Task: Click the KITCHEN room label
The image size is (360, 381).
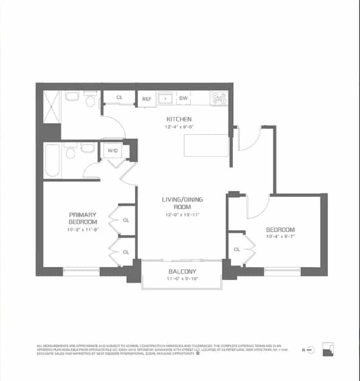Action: click(x=179, y=119)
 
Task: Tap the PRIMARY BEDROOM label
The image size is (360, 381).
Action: click(x=82, y=218)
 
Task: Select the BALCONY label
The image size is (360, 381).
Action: click(x=182, y=271)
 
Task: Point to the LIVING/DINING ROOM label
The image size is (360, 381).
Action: click(x=182, y=203)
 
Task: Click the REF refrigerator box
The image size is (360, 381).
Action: click(x=147, y=99)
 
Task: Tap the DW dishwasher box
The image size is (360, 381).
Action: click(x=183, y=98)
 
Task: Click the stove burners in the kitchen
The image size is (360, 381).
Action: click(x=219, y=98)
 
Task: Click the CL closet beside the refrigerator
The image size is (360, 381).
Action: click(x=120, y=97)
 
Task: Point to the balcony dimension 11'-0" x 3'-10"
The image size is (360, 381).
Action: click(x=182, y=279)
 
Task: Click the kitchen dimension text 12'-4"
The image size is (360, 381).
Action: click(x=179, y=127)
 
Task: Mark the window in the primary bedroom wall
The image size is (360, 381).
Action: click(x=81, y=270)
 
